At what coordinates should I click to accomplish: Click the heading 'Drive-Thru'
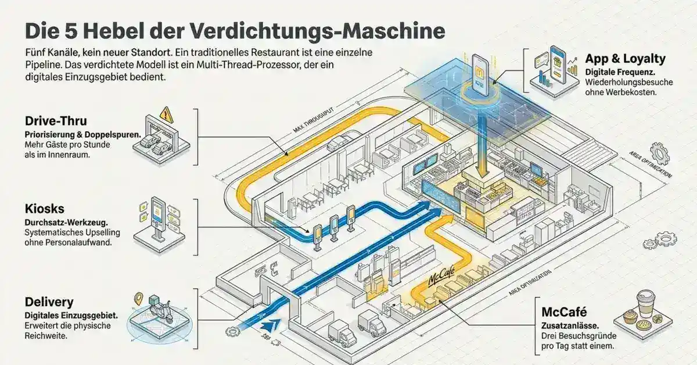pos(55,121)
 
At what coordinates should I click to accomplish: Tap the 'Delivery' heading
pos(49,302)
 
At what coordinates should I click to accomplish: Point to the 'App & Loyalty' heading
pos(624,59)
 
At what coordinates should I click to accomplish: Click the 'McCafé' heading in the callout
pos(563,313)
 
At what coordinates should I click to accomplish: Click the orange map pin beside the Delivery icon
pos(138,299)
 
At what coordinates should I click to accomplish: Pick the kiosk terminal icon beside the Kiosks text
pos(157,218)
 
